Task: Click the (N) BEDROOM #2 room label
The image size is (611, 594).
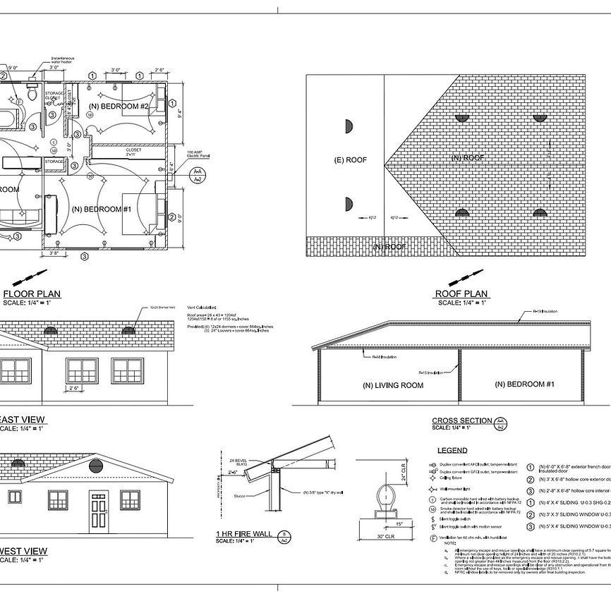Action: pyautogui.click(x=118, y=107)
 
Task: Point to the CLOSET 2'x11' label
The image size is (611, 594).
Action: pyautogui.click(x=133, y=152)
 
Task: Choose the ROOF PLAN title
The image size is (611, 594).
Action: pyautogui.click(x=461, y=293)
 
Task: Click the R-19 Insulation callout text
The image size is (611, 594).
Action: pyautogui.click(x=544, y=311)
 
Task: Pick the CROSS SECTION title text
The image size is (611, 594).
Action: pyautogui.click(x=462, y=421)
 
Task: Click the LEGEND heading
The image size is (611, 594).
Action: pyautogui.click(x=452, y=450)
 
